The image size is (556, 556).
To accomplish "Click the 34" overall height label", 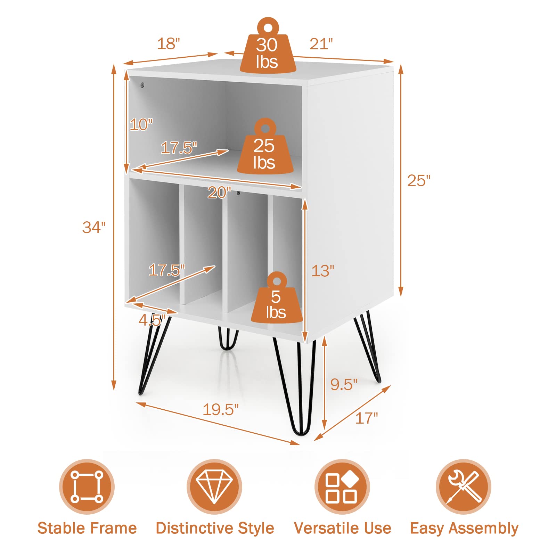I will pos(94,227).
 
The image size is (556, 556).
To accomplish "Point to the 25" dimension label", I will pos(419,181).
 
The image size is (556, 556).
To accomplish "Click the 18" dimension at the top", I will pos(169,44).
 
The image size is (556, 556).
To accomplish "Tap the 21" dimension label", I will pos(321,44).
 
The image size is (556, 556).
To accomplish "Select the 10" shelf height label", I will pos(141,124).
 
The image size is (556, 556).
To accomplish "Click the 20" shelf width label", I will pos(219,193).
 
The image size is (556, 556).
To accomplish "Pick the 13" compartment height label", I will pos(322,271).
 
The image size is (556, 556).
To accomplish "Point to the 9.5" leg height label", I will pos(344,384).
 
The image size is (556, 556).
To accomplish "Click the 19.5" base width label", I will pos(221,410).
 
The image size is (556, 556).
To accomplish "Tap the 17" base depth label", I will pos(366,418).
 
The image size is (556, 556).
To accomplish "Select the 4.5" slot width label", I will pos(152,320).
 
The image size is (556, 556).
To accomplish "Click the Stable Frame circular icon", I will pos(87,486).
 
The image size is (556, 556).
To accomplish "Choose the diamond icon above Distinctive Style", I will pos(214,486).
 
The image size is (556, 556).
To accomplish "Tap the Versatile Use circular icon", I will pos(342,486).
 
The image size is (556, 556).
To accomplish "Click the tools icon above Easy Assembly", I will pos(464,486).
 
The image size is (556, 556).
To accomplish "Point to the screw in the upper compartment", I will pos(142,85).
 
